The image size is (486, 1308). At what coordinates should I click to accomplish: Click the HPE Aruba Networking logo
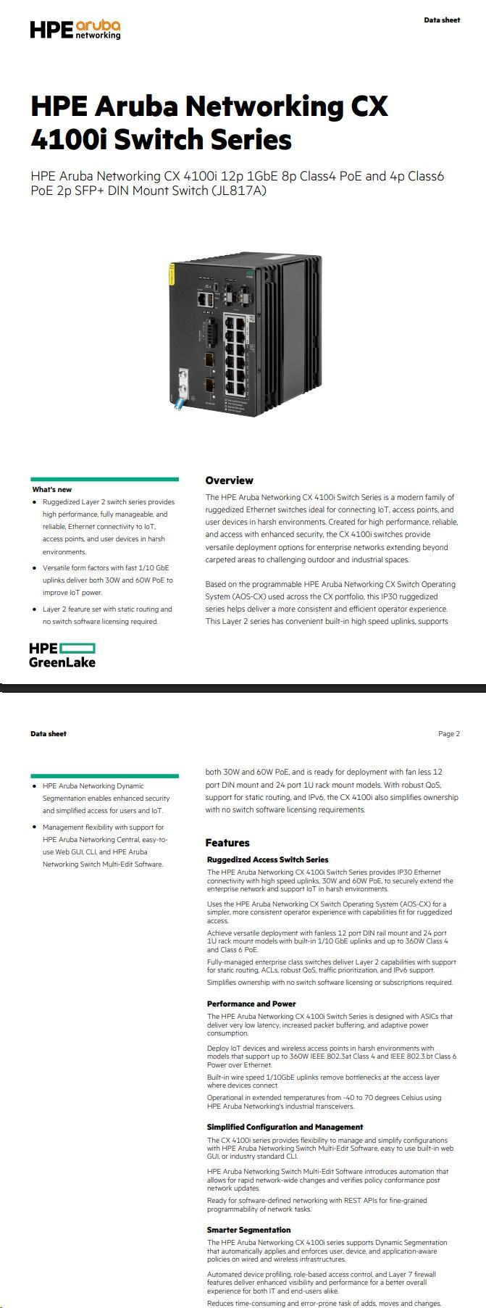click(x=75, y=29)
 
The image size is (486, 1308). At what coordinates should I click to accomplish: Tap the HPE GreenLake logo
click(x=62, y=654)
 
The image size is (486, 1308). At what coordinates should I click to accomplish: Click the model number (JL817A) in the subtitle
click(x=239, y=191)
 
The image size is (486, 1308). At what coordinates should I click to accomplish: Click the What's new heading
click(x=52, y=490)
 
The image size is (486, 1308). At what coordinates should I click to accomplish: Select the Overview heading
click(x=229, y=480)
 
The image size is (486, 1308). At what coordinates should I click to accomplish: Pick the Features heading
click(x=227, y=843)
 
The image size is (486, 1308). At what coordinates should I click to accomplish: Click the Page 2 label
click(x=449, y=734)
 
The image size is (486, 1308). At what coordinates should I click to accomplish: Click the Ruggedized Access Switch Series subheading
click(x=267, y=859)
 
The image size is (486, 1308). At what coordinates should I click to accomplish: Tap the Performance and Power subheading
click(x=251, y=1004)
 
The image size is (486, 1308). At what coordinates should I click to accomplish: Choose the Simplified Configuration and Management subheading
click(x=285, y=1127)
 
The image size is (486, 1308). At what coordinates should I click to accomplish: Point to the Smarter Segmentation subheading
click(x=248, y=1230)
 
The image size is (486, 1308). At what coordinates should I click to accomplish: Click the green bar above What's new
click(x=105, y=479)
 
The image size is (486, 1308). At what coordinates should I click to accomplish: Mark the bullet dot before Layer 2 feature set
click(x=35, y=609)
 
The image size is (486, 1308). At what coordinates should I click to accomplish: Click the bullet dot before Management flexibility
click(x=35, y=827)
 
